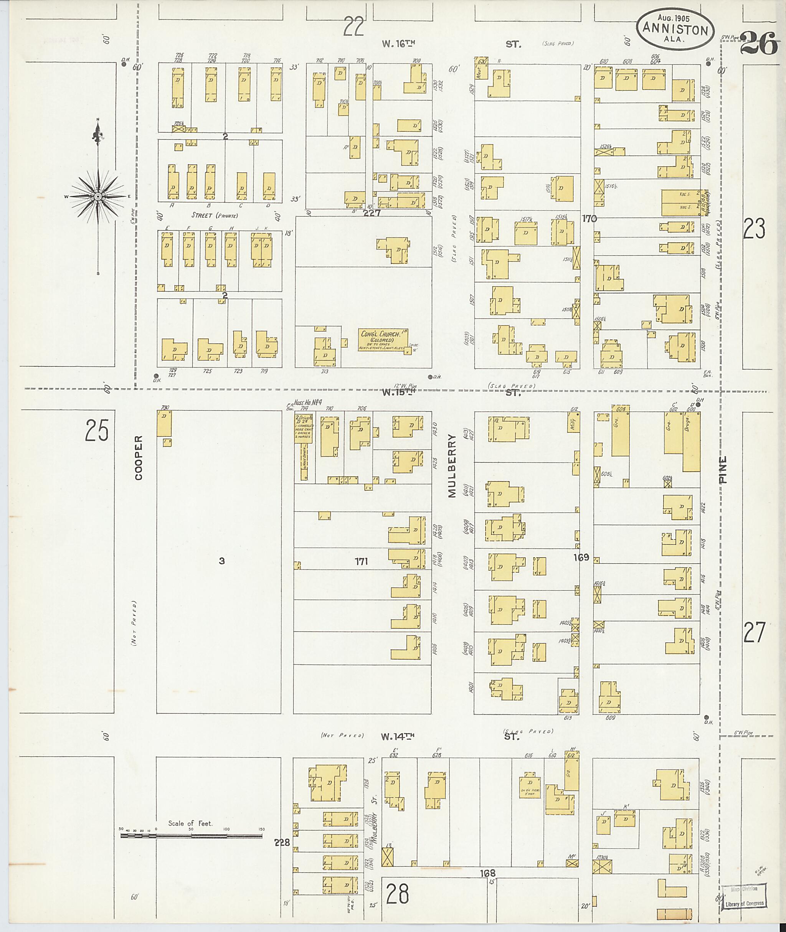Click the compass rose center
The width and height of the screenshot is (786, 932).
[x=97, y=196]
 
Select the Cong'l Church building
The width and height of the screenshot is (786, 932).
[x=383, y=340]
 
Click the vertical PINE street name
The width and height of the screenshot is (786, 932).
[x=722, y=470]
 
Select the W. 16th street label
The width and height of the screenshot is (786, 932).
[x=398, y=44]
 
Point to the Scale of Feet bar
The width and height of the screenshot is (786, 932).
[x=192, y=836]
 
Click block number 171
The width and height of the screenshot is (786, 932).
[x=362, y=562]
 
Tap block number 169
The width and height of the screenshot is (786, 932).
[x=581, y=558]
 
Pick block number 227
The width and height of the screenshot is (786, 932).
[x=371, y=213]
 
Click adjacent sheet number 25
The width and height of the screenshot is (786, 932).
[x=97, y=431]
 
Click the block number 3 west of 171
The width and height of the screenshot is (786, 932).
[x=221, y=561]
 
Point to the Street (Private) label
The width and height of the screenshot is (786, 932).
[x=215, y=216]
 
